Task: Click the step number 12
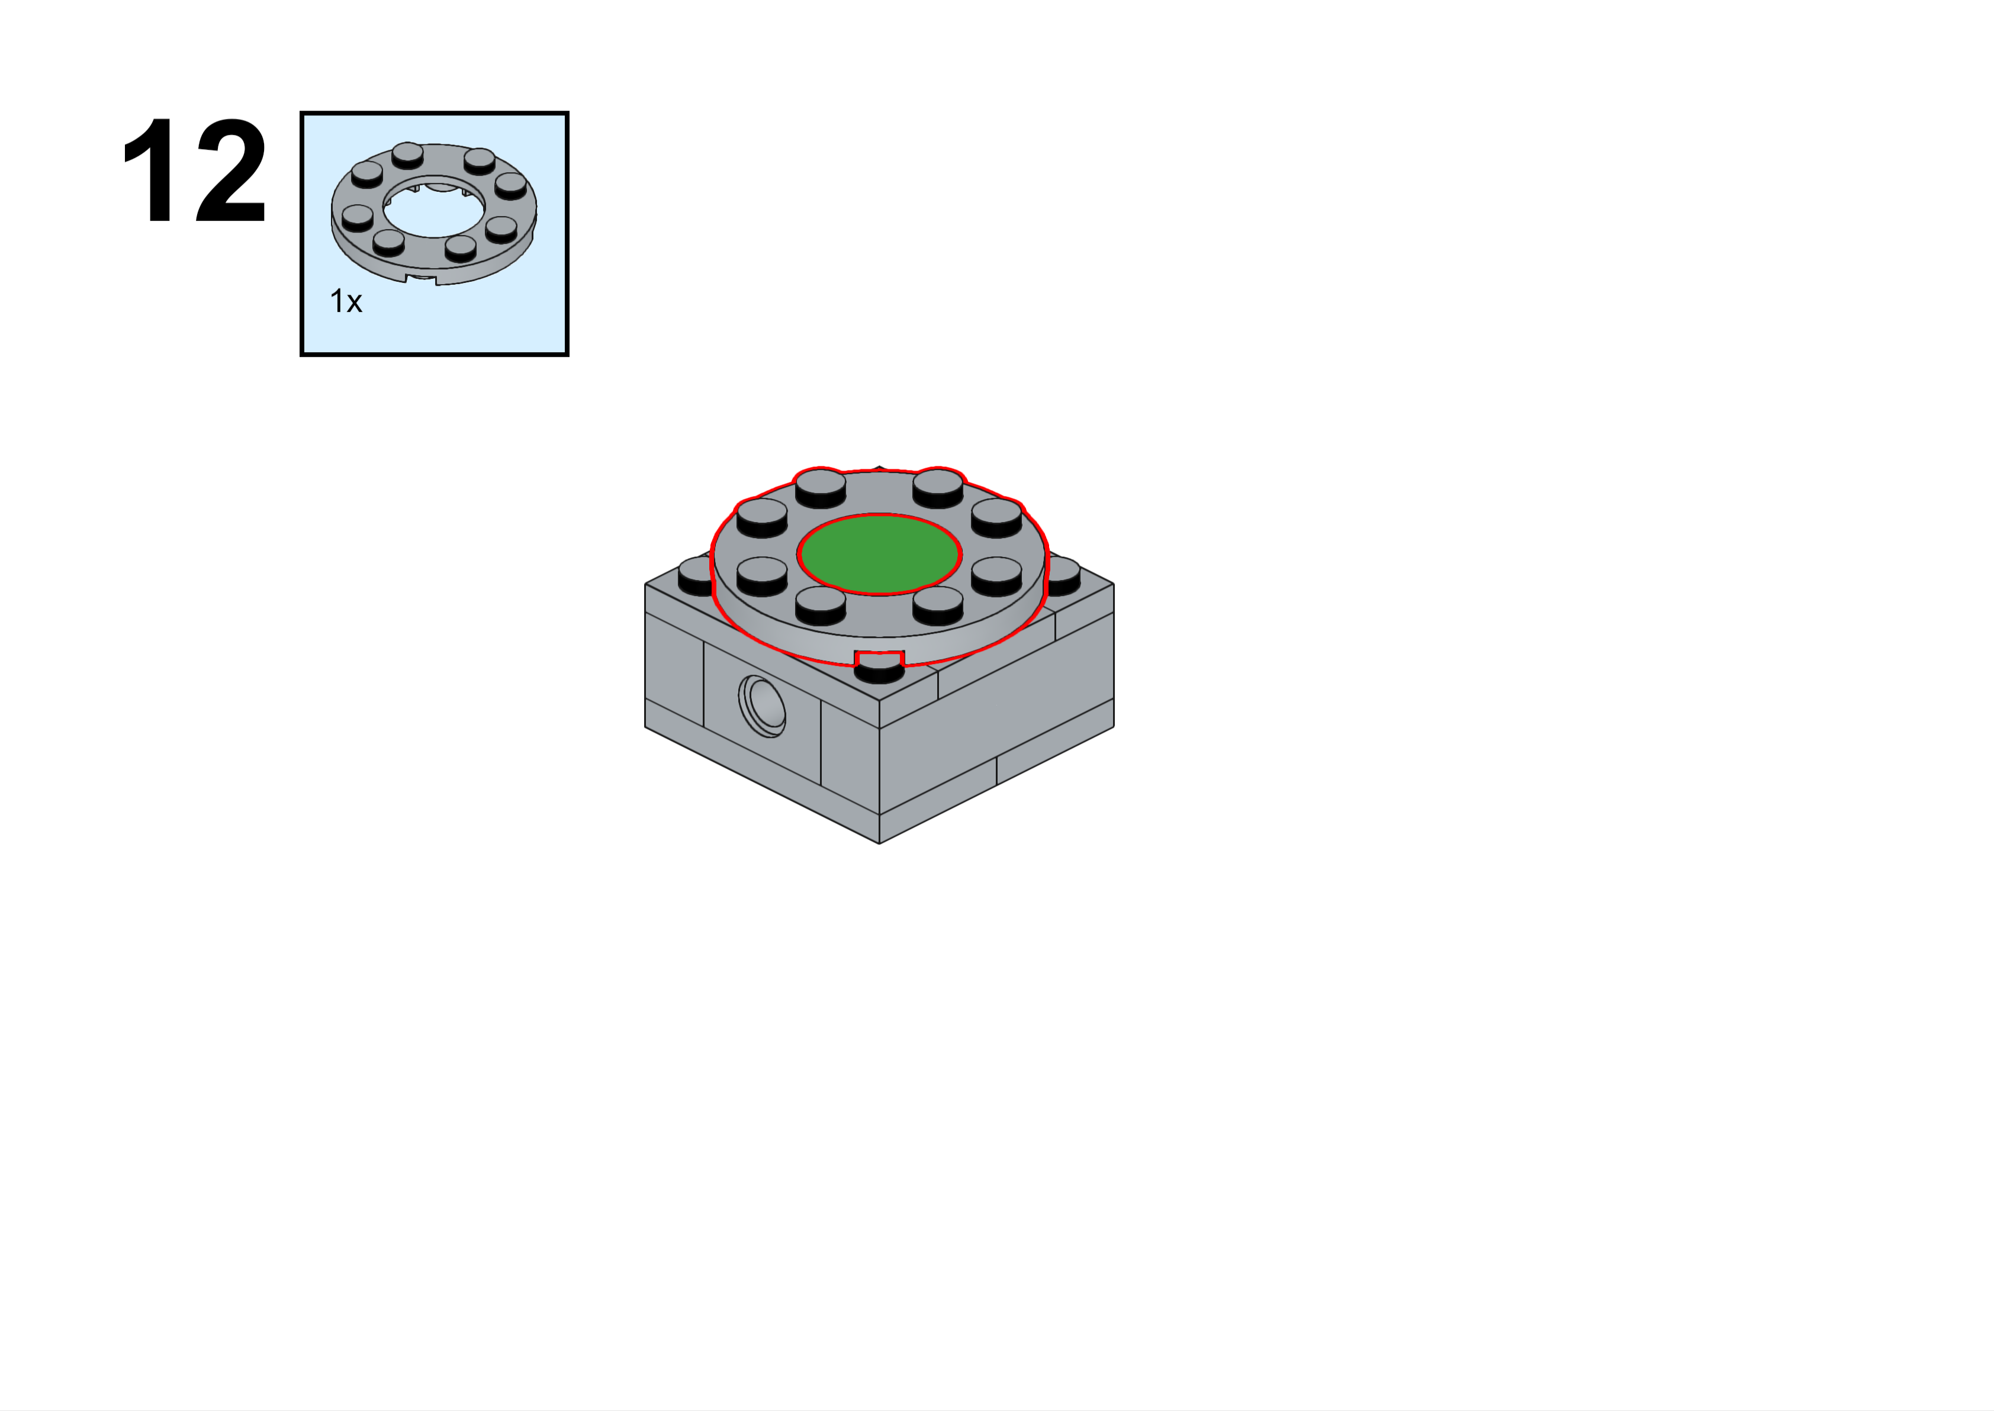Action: pos(195,170)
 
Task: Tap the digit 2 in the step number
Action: pos(231,170)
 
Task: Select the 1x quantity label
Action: pos(346,301)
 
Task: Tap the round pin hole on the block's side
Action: pos(763,705)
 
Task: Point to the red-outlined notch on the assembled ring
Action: pos(879,658)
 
